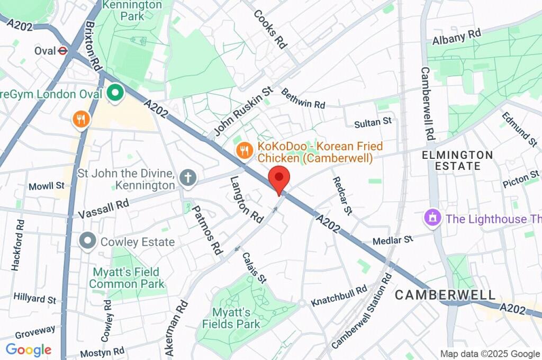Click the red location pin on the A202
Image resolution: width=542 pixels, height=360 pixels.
pos(279,178)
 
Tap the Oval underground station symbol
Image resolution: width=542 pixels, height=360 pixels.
pos(62,51)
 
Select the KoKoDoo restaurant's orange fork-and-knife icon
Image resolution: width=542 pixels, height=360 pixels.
pos(244,151)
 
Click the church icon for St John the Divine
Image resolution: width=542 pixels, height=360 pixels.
pos(187,178)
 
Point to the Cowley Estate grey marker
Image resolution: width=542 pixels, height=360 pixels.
pos(87,242)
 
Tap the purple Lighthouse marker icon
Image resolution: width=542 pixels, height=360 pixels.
pos(433,218)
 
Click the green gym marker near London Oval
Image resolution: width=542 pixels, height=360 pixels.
pos(114,94)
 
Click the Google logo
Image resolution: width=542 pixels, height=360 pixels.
pos(28,349)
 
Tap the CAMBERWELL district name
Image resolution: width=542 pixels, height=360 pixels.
pos(445,295)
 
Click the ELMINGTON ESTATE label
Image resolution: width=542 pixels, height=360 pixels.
pos(458,160)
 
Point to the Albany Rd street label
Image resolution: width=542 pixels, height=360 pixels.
pos(456,38)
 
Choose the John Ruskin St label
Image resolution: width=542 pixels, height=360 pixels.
pos(243,111)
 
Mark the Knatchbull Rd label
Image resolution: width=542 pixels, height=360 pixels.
pos(339,296)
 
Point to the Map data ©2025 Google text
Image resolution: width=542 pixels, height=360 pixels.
pos(490,354)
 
